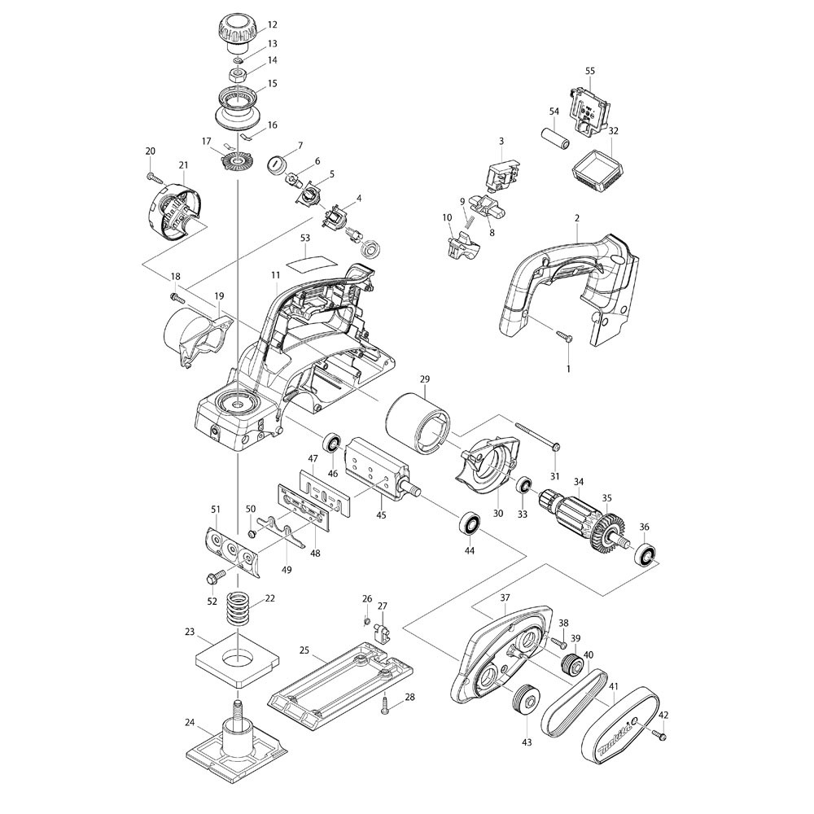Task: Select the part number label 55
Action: (590, 72)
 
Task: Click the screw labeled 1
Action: (562, 335)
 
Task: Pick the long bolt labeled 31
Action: (537, 436)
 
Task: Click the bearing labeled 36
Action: (646, 557)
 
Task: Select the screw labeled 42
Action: (659, 736)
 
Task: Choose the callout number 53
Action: (305, 238)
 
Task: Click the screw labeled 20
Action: (152, 176)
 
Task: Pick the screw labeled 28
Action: (387, 708)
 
